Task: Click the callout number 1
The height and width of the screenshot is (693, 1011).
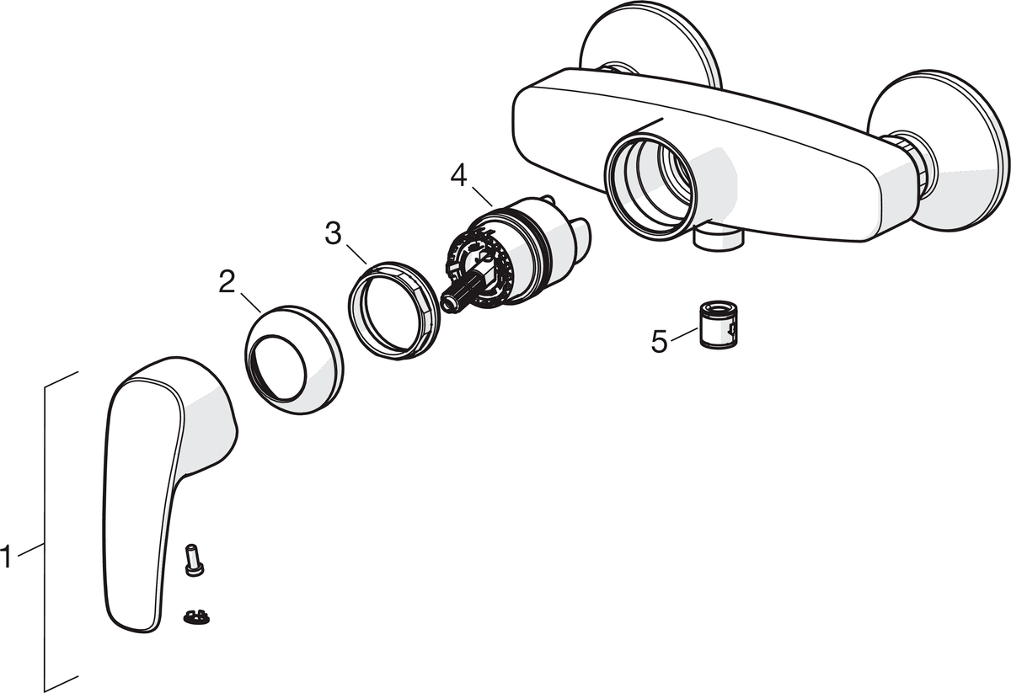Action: [x=8, y=557]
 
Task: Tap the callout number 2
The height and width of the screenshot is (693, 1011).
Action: [x=227, y=282]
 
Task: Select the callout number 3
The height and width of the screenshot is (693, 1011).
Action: [x=334, y=233]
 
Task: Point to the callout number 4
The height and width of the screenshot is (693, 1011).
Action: [x=458, y=175]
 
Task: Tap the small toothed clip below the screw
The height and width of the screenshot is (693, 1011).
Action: [x=195, y=616]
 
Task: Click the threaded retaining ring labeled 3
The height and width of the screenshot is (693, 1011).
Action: [x=394, y=312]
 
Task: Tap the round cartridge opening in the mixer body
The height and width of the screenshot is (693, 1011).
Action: [x=650, y=187]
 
